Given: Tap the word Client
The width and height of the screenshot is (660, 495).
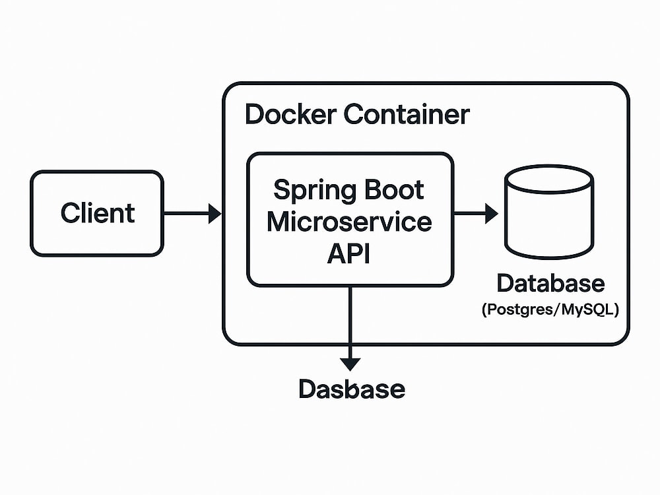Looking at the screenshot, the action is [98, 213].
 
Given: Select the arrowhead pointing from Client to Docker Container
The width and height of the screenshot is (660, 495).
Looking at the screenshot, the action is [214, 213].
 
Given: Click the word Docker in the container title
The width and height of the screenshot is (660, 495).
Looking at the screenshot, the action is [291, 114].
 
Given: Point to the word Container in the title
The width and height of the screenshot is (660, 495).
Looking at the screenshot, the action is [407, 114].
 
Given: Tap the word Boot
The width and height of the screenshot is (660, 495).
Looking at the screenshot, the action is [394, 190].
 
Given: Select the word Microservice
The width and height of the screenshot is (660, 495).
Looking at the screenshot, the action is [349, 222].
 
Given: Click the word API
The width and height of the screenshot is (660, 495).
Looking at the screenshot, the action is [349, 253].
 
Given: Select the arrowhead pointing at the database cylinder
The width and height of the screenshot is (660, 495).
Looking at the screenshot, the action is [492, 213].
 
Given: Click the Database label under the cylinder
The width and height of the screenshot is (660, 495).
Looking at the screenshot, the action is [550, 283].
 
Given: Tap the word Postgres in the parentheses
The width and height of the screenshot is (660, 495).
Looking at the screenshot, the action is [518, 310].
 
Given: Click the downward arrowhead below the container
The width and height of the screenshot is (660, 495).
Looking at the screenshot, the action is [350, 364].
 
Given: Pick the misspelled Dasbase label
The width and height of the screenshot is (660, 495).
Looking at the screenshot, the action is [352, 389].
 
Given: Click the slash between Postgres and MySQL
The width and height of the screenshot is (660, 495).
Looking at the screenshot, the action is [556, 310].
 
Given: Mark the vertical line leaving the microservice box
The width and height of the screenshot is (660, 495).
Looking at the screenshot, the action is [350, 323].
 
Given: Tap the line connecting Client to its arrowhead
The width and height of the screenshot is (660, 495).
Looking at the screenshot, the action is [186, 213].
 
